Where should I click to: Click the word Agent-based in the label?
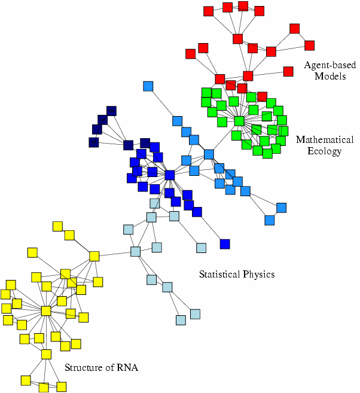coord(330,65)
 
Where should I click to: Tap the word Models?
coord(330,76)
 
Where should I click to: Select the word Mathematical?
coord(325,139)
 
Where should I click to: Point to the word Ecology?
coord(325,151)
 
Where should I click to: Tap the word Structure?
coord(84,368)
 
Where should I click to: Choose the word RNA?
coord(127,368)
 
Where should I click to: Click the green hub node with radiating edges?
coord(239,121)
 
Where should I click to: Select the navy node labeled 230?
coord(94,142)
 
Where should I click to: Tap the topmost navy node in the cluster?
coord(111,111)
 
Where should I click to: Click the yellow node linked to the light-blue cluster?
coord(94,256)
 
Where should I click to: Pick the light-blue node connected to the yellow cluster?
coord(135,251)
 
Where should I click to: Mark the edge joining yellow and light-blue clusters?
coord(115,254)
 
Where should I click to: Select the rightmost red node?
coord(309,45)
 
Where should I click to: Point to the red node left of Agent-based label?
coord(288,71)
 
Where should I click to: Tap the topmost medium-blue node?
coord(148,86)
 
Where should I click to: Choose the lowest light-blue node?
coord(181,320)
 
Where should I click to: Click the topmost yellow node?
coord(57,226)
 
